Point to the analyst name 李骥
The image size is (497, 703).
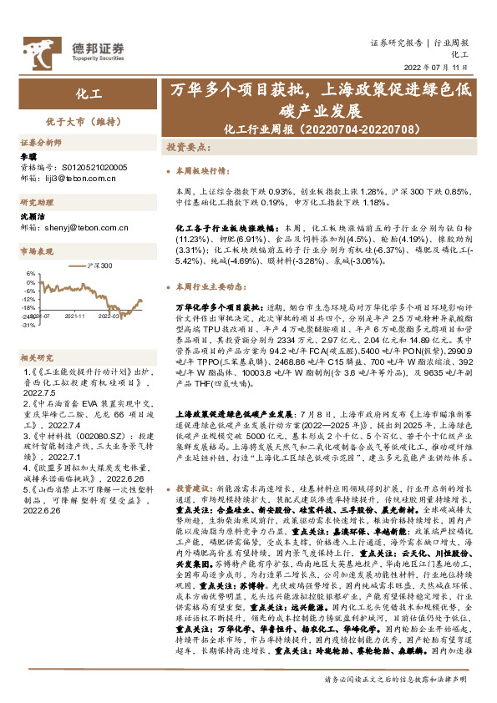point(28,157)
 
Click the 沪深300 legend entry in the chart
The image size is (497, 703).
point(99,266)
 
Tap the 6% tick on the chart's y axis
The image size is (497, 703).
point(30,273)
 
